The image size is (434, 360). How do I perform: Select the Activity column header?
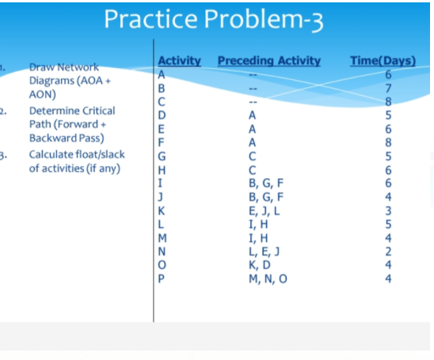click(179, 61)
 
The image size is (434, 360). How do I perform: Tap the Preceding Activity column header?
click(268, 61)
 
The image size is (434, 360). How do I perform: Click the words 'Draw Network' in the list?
click(63, 69)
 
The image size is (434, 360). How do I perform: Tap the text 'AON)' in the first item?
click(43, 93)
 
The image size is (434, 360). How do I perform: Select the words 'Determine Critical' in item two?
click(71, 111)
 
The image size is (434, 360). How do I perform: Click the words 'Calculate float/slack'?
click(77, 154)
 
